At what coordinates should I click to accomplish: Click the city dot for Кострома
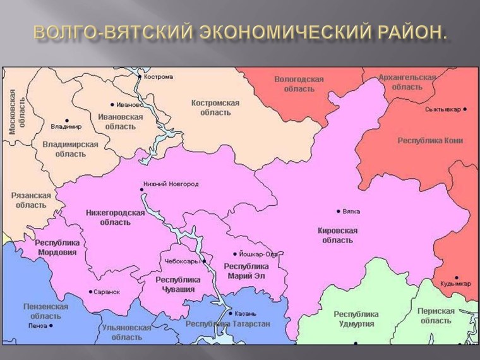click(x=140, y=76)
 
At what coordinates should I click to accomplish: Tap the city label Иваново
click(x=129, y=104)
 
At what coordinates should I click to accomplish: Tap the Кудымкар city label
click(x=457, y=284)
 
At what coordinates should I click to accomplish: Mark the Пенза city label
click(x=38, y=326)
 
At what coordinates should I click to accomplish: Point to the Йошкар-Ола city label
click(x=258, y=254)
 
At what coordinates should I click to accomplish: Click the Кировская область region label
click(x=337, y=236)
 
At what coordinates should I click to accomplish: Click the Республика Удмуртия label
click(x=356, y=319)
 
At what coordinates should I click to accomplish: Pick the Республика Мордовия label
click(x=56, y=247)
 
